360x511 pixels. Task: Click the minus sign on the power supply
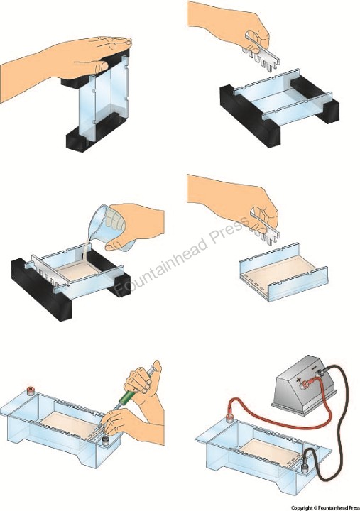tap(314, 368)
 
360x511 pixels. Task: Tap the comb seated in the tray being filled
tap(50, 270)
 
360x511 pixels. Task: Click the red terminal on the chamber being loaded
tap(31, 390)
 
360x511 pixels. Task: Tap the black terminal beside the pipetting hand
tap(105, 441)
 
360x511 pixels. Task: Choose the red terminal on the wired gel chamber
tap(229, 419)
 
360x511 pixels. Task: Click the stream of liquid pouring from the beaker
tap(83, 251)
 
